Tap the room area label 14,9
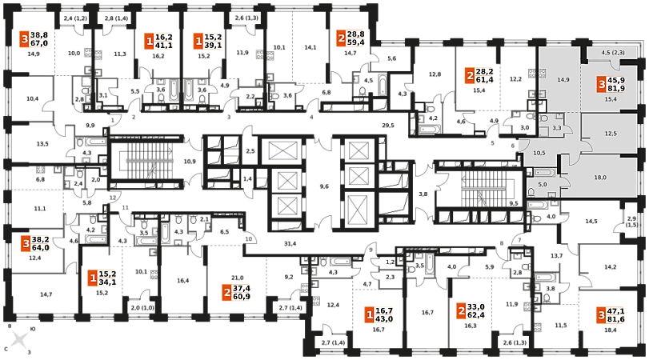coord(563,80)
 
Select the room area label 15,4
coord(610,99)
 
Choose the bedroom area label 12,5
coord(610,133)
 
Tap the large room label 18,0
coord(599,178)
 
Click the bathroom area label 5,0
coord(541,185)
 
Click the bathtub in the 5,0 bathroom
coord(541,173)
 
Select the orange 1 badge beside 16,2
coord(149,42)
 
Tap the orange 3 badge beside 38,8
coord(25,40)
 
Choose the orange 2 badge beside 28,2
coord(469,76)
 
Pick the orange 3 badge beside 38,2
coord(25,244)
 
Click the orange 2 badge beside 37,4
coord(226,293)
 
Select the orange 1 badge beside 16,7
coord(369,315)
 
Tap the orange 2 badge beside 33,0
coord(461,311)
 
